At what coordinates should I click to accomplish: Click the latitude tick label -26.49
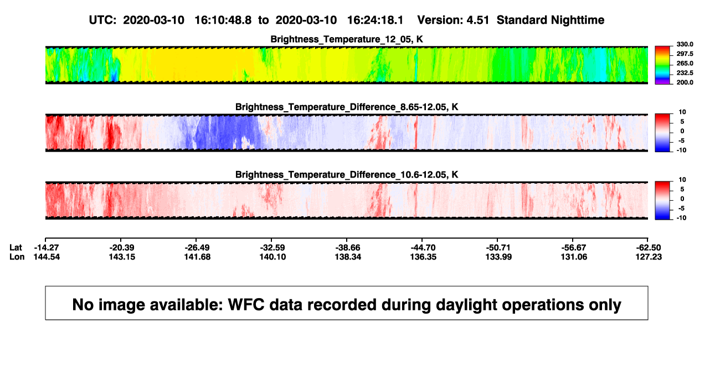point(197,248)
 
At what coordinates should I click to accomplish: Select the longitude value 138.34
point(348,257)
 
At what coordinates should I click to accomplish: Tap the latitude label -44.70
point(423,248)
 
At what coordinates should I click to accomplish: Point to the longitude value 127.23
point(649,257)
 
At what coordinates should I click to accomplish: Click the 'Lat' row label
point(16,248)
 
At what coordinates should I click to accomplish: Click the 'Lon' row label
point(17,257)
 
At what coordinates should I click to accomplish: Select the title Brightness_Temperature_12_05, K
point(347,39)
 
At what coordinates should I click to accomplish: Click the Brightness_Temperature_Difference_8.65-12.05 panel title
point(347,107)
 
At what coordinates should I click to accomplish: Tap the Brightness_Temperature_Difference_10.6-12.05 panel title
point(347,175)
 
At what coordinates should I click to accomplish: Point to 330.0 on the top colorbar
point(685,44)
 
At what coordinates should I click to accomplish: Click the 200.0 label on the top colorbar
point(685,82)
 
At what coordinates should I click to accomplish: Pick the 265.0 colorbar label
point(685,63)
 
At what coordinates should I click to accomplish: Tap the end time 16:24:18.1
point(375,20)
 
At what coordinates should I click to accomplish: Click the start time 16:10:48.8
point(223,20)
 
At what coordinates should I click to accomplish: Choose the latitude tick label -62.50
point(649,248)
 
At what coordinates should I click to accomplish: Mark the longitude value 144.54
point(47,257)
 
